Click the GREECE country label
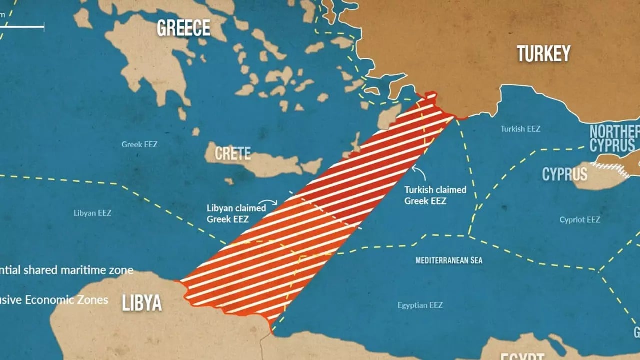click(183, 28)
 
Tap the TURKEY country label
click(543, 53)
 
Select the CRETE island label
click(233, 153)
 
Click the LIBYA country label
click(142, 303)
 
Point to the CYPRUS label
click(565, 174)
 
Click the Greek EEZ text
click(139, 144)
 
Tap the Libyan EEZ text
click(92, 213)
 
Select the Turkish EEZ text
click(520, 129)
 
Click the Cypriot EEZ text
click(579, 220)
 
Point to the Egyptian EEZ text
click(420, 305)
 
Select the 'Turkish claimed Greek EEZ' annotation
click(435, 195)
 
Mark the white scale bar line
click(22, 26)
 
